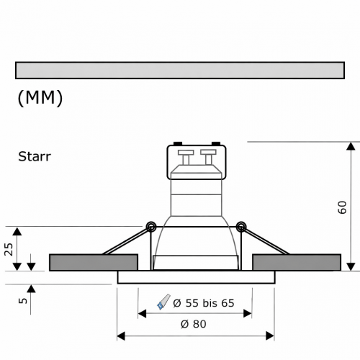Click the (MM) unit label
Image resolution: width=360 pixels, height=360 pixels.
coord(40,98)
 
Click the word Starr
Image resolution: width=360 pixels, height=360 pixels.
coord(34,156)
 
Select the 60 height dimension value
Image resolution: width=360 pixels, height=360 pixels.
coord(342,208)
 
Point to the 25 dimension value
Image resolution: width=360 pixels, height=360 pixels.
coord(9,249)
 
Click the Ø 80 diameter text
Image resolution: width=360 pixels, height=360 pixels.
coord(195,324)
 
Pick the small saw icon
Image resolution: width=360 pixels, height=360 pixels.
coord(163,302)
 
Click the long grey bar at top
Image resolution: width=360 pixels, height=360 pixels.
coord(180,70)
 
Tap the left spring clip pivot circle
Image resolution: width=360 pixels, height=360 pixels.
coord(150,228)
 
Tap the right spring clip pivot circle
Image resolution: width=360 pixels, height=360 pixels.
coord(241,228)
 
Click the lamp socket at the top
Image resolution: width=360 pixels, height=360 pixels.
coord(197,163)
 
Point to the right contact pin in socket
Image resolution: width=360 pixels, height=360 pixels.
coord(210,155)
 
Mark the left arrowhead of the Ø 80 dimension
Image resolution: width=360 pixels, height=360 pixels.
coord(122,336)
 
